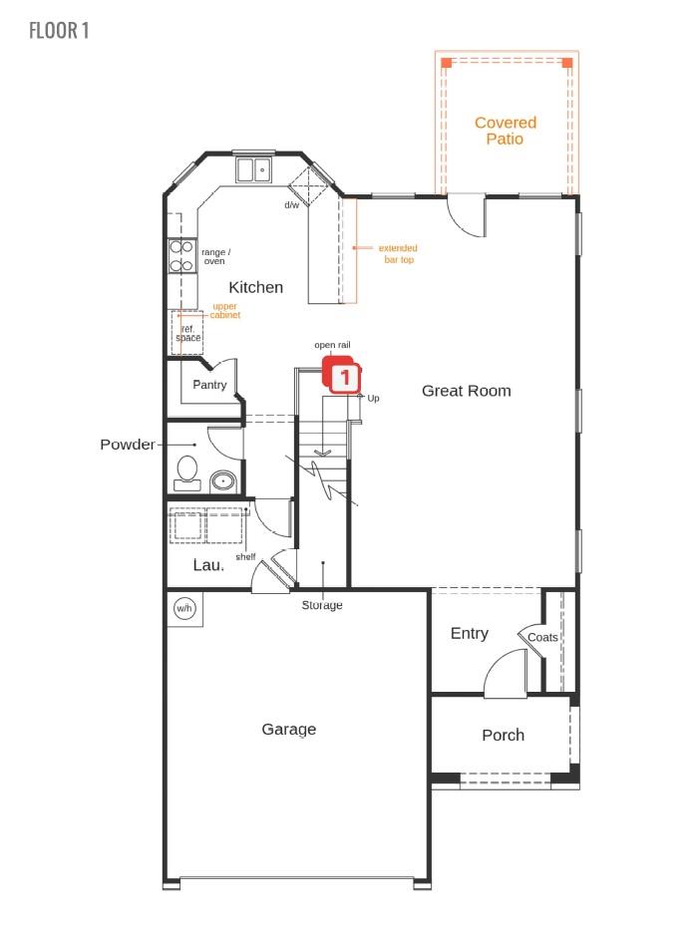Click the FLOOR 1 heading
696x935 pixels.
click(x=60, y=30)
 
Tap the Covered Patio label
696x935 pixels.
click(x=505, y=131)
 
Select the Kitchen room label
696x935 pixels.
click(x=256, y=287)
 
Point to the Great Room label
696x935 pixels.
click(x=466, y=391)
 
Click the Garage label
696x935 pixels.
click(x=288, y=729)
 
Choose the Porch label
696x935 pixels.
click(x=503, y=735)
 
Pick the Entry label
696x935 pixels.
click(x=469, y=633)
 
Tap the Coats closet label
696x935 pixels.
click(x=542, y=637)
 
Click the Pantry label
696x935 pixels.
click(x=209, y=385)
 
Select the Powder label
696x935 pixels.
click(x=128, y=444)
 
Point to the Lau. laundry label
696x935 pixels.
click(x=208, y=564)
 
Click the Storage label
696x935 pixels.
click(x=322, y=605)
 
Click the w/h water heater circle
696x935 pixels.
click(x=184, y=607)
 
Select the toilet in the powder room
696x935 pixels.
click(x=186, y=470)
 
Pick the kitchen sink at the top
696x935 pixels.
click(x=254, y=168)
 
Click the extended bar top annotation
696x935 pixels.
click(x=398, y=253)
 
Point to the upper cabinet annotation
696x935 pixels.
click(x=224, y=311)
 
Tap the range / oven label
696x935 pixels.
click(x=215, y=256)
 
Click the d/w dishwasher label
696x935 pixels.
click(x=291, y=205)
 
